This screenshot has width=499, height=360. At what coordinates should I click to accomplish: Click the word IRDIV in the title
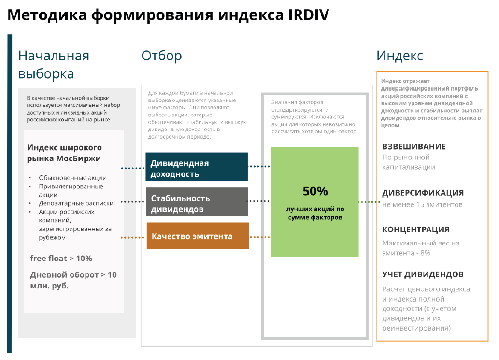click(x=308, y=15)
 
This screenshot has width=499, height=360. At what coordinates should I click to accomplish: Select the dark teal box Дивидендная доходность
click(x=197, y=167)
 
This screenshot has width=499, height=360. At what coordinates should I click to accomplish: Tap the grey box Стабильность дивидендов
click(x=197, y=202)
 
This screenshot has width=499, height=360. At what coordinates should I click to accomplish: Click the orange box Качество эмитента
click(x=198, y=236)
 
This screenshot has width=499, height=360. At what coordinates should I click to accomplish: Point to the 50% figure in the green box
click(x=315, y=191)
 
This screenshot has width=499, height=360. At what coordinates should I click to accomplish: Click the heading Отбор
click(x=162, y=56)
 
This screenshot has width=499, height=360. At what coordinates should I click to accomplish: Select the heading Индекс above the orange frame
click(x=399, y=56)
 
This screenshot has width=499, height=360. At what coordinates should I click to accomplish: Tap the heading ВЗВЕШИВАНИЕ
click(x=413, y=147)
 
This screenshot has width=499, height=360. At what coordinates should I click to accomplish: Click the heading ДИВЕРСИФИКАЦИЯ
click(x=423, y=193)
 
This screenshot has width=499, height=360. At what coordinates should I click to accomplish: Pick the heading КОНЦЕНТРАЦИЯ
click(x=415, y=230)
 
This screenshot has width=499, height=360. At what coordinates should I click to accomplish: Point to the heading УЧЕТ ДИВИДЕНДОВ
click(x=423, y=274)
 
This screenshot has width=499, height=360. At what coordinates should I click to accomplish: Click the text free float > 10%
click(x=61, y=259)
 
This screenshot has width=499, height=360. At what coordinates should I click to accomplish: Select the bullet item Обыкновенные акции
click(x=72, y=178)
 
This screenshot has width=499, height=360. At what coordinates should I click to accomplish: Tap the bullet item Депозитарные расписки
click(x=76, y=203)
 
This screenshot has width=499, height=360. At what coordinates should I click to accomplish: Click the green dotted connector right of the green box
click(x=369, y=202)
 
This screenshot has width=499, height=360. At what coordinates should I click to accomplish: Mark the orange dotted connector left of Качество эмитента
click(x=132, y=237)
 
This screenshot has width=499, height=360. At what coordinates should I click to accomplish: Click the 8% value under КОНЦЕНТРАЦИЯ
click(x=425, y=253)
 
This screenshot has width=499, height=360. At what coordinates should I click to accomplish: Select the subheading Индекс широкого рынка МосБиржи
click(x=64, y=153)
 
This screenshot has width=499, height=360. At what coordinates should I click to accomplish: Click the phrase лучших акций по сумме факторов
click(x=315, y=213)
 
